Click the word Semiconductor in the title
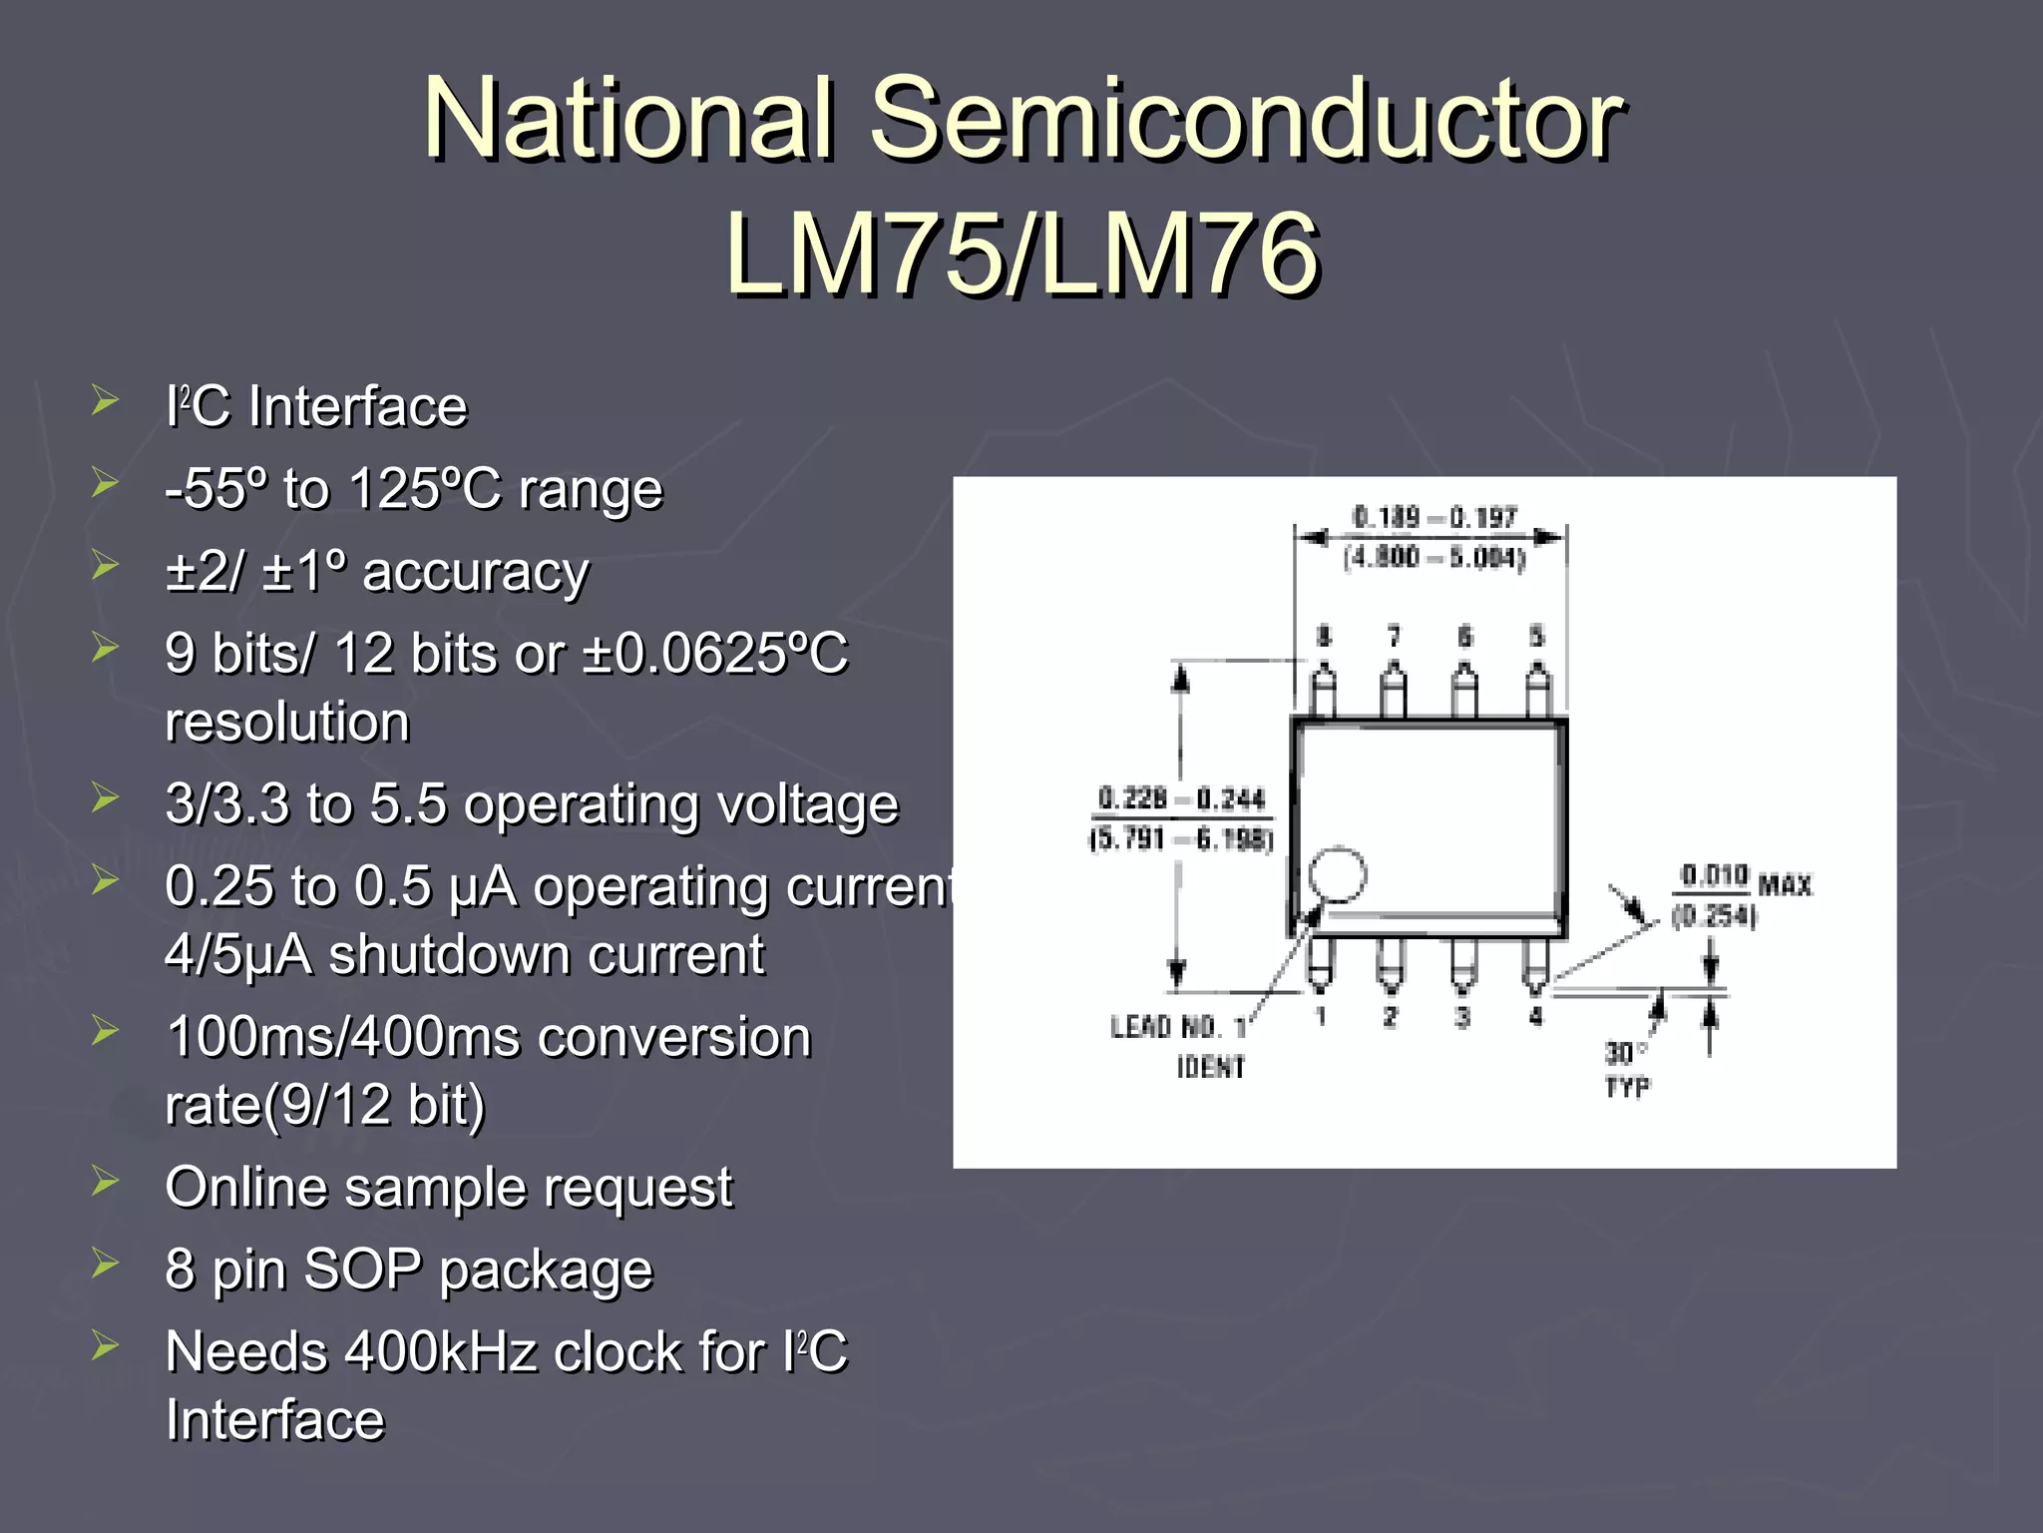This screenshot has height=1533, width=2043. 1247,120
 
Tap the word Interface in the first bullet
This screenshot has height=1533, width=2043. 357,407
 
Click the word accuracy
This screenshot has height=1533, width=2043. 476,572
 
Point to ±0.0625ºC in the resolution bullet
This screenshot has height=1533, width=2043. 714,654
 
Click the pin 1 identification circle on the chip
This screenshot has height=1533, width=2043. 1337,874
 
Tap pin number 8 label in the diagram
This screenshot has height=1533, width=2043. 1324,637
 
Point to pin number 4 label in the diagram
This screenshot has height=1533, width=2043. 1536,1016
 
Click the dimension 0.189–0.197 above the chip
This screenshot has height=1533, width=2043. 1433,517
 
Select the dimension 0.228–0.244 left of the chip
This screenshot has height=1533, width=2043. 1181,798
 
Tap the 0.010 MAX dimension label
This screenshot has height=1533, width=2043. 1745,880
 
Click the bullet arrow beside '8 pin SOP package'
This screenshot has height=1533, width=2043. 105,1264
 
